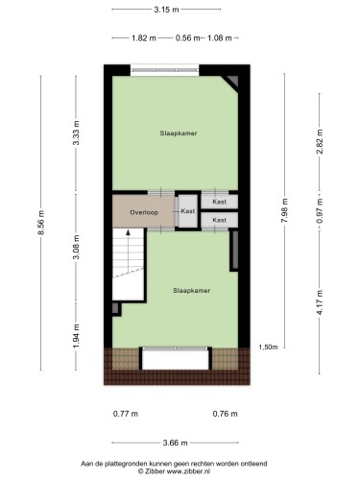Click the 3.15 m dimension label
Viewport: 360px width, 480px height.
[x=166, y=10]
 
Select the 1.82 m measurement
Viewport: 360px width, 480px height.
[x=144, y=38]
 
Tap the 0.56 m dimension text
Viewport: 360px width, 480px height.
[x=187, y=38]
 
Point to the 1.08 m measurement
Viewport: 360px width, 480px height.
[x=220, y=38]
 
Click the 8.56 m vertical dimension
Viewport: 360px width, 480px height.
[x=41, y=223]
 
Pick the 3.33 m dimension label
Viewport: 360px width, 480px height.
[x=76, y=132]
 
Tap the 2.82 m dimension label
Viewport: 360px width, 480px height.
[x=320, y=142]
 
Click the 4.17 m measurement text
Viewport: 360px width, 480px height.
[x=320, y=302]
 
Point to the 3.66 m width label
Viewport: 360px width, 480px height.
[x=176, y=443]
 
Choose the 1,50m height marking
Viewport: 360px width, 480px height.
[x=268, y=347]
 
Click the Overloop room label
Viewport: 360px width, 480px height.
[x=144, y=212]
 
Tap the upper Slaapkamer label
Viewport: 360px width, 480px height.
[x=179, y=133]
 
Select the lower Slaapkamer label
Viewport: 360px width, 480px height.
[x=192, y=291]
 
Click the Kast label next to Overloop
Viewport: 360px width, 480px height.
[x=188, y=211]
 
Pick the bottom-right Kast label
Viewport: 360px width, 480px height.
[x=220, y=220]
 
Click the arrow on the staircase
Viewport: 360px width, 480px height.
[x=129, y=252]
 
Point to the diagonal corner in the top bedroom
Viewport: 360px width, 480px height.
[x=229, y=84]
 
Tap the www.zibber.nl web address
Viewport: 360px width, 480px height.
[x=188, y=471]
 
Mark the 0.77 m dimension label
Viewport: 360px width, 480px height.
[x=126, y=414]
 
